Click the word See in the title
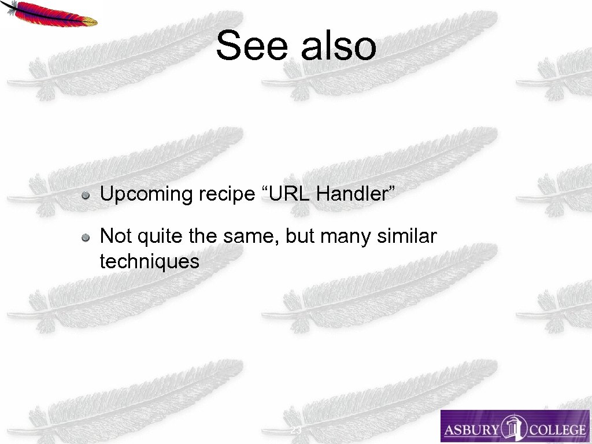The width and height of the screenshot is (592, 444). click(x=251, y=46)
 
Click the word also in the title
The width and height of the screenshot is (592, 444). click(x=339, y=46)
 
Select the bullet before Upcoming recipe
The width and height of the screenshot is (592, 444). click(x=85, y=195)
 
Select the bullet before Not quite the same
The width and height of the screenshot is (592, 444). click(x=85, y=236)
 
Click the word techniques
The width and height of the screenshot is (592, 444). click(x=149, y=261)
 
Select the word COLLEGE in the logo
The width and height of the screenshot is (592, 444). click(x=556, y=430)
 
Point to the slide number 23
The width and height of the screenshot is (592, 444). click(x=295, y=431)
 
